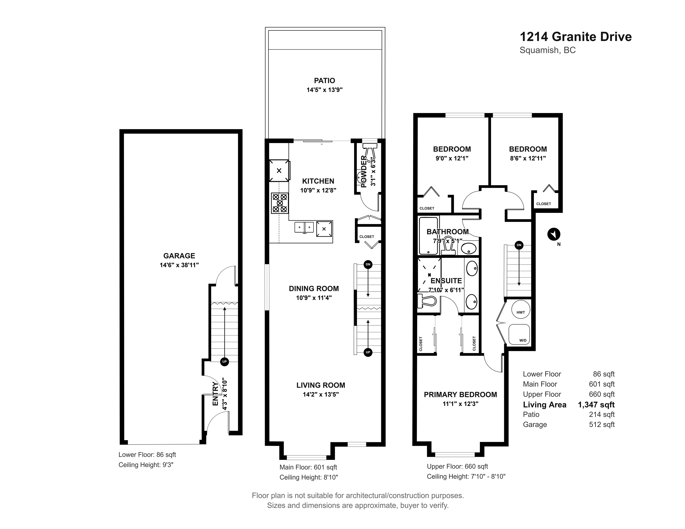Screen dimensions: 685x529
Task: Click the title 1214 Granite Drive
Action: (576, 37)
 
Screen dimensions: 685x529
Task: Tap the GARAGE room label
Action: (179, 256)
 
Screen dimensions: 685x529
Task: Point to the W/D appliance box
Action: (519, 334)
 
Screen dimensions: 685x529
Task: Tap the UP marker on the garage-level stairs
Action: (224, 362)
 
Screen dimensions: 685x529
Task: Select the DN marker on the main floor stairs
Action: (368, 264)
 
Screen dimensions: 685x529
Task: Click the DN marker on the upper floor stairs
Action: (519, 245)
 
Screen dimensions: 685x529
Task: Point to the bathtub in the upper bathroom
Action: (428, 236)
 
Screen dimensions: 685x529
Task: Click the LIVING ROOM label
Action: (321, 385)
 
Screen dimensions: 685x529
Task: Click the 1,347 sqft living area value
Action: (596, 405)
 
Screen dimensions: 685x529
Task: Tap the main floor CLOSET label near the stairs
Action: (367, 237)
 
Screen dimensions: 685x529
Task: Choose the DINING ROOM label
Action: (314, 289)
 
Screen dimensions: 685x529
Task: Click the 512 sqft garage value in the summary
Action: (602, 425)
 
